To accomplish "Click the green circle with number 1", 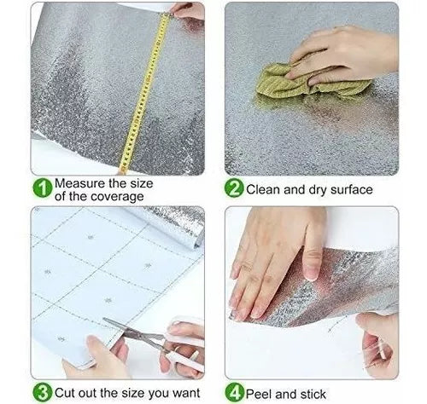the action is pos(43,188).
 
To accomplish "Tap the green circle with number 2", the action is pos(234,188).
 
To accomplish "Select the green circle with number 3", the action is pos(43,392).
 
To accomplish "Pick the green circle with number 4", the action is pos(235,392).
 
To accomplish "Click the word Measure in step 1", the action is pos(80,183).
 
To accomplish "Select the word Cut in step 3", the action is pos(65,393).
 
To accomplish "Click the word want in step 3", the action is pos(186,393).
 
